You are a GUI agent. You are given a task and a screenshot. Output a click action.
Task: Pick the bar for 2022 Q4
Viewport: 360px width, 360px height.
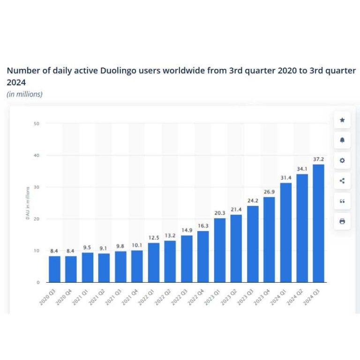203,256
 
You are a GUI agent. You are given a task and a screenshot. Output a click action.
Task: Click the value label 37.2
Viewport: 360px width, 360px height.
318,159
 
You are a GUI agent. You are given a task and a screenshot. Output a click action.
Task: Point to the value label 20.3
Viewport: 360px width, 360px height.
219,213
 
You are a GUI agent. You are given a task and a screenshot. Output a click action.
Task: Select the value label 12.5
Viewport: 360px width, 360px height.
154,238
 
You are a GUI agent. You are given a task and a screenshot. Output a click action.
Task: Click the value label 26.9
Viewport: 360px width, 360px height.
269,192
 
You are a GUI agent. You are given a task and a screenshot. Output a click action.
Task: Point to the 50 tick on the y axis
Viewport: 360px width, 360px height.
36,124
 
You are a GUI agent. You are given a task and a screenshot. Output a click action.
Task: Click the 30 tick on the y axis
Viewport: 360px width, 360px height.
36,187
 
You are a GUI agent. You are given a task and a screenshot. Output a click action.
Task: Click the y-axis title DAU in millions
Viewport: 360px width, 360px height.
28,202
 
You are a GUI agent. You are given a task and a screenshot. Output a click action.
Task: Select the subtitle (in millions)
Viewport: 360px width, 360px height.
24,94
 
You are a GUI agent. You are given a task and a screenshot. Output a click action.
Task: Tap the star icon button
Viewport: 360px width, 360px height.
342,120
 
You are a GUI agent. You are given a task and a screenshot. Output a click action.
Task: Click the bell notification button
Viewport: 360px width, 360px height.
342,140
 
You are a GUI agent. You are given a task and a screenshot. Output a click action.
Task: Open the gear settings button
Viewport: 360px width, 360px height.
342,161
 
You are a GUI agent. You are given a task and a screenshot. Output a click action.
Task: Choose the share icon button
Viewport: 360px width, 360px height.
342,181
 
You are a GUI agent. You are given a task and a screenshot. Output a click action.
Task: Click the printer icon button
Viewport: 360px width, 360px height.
342,221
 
